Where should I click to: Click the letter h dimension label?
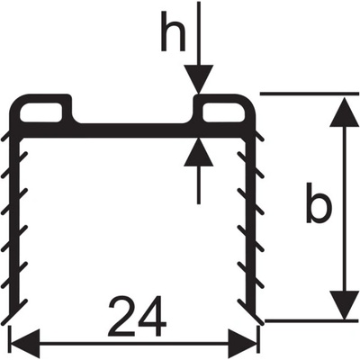click(173, 31)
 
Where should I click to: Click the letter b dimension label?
click(319, 203)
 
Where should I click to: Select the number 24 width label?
click(138, 316)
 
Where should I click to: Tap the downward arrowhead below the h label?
click(199, 78)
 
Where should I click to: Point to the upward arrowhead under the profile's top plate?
click(199, 152)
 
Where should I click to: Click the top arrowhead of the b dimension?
click(345, 112)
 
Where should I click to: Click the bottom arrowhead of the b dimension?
click(345, 305)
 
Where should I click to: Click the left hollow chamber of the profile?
click(40, 112)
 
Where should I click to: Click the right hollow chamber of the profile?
click(223, 112)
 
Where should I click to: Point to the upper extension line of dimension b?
click(310, 94)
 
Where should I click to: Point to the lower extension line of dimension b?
click(312, 321)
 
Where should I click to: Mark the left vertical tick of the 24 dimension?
click(11, 344)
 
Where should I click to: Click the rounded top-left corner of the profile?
click(15, 101)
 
